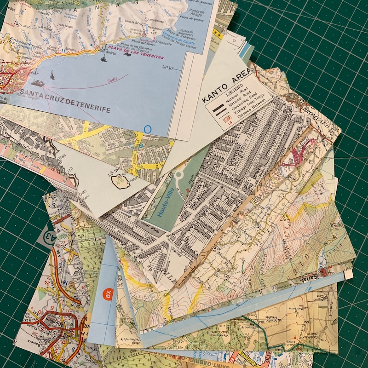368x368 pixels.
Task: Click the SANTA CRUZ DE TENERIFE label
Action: [x=65, y=103]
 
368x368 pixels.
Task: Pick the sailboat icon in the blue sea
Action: [x=52, y=75]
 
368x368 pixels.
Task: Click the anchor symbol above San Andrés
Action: [x=104, y=47]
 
